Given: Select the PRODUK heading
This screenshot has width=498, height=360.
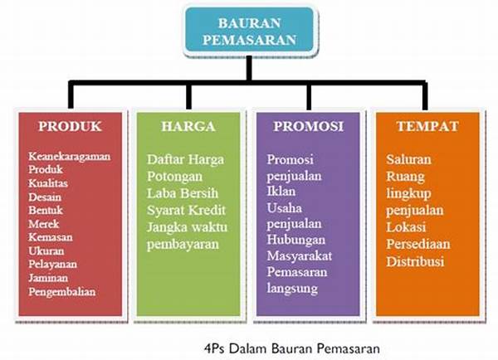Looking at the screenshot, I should [70, 126].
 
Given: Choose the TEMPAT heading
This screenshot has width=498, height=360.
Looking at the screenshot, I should [426, 126].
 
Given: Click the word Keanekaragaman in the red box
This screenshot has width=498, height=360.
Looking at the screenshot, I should [70, 156].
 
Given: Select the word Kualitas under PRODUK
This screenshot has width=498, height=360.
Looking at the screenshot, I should [48, 182].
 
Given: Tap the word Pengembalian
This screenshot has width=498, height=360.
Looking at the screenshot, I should [62, 291].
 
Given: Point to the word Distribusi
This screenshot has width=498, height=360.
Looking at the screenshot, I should [416, 261].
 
